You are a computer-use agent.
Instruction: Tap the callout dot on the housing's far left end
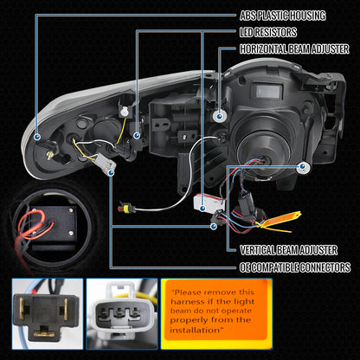pos(37,137)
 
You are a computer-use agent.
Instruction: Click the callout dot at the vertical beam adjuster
pos(214,226)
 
